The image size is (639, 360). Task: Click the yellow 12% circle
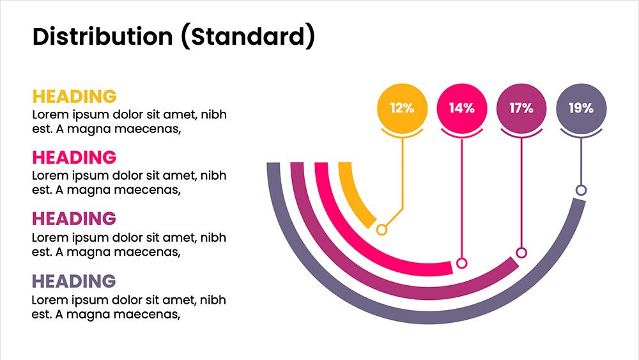point(402,108)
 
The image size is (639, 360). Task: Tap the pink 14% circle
point(462,108)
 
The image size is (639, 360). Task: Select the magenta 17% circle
point(521,108)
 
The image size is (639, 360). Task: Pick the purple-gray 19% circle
point(581,108)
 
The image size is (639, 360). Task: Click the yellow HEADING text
point(75,97)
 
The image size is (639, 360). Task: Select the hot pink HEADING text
point(75,157)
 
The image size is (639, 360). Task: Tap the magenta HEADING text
point(74,219)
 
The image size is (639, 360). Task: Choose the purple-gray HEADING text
point(74,281)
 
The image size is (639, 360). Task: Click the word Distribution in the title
point(103,36)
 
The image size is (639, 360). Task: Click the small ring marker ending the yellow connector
point(381,230)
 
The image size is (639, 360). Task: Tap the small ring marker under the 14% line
point(462,263)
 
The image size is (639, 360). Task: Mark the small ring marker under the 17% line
point(521,253)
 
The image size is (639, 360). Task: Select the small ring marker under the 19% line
point(581,190)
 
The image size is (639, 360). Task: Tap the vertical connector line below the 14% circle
point(462,198)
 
